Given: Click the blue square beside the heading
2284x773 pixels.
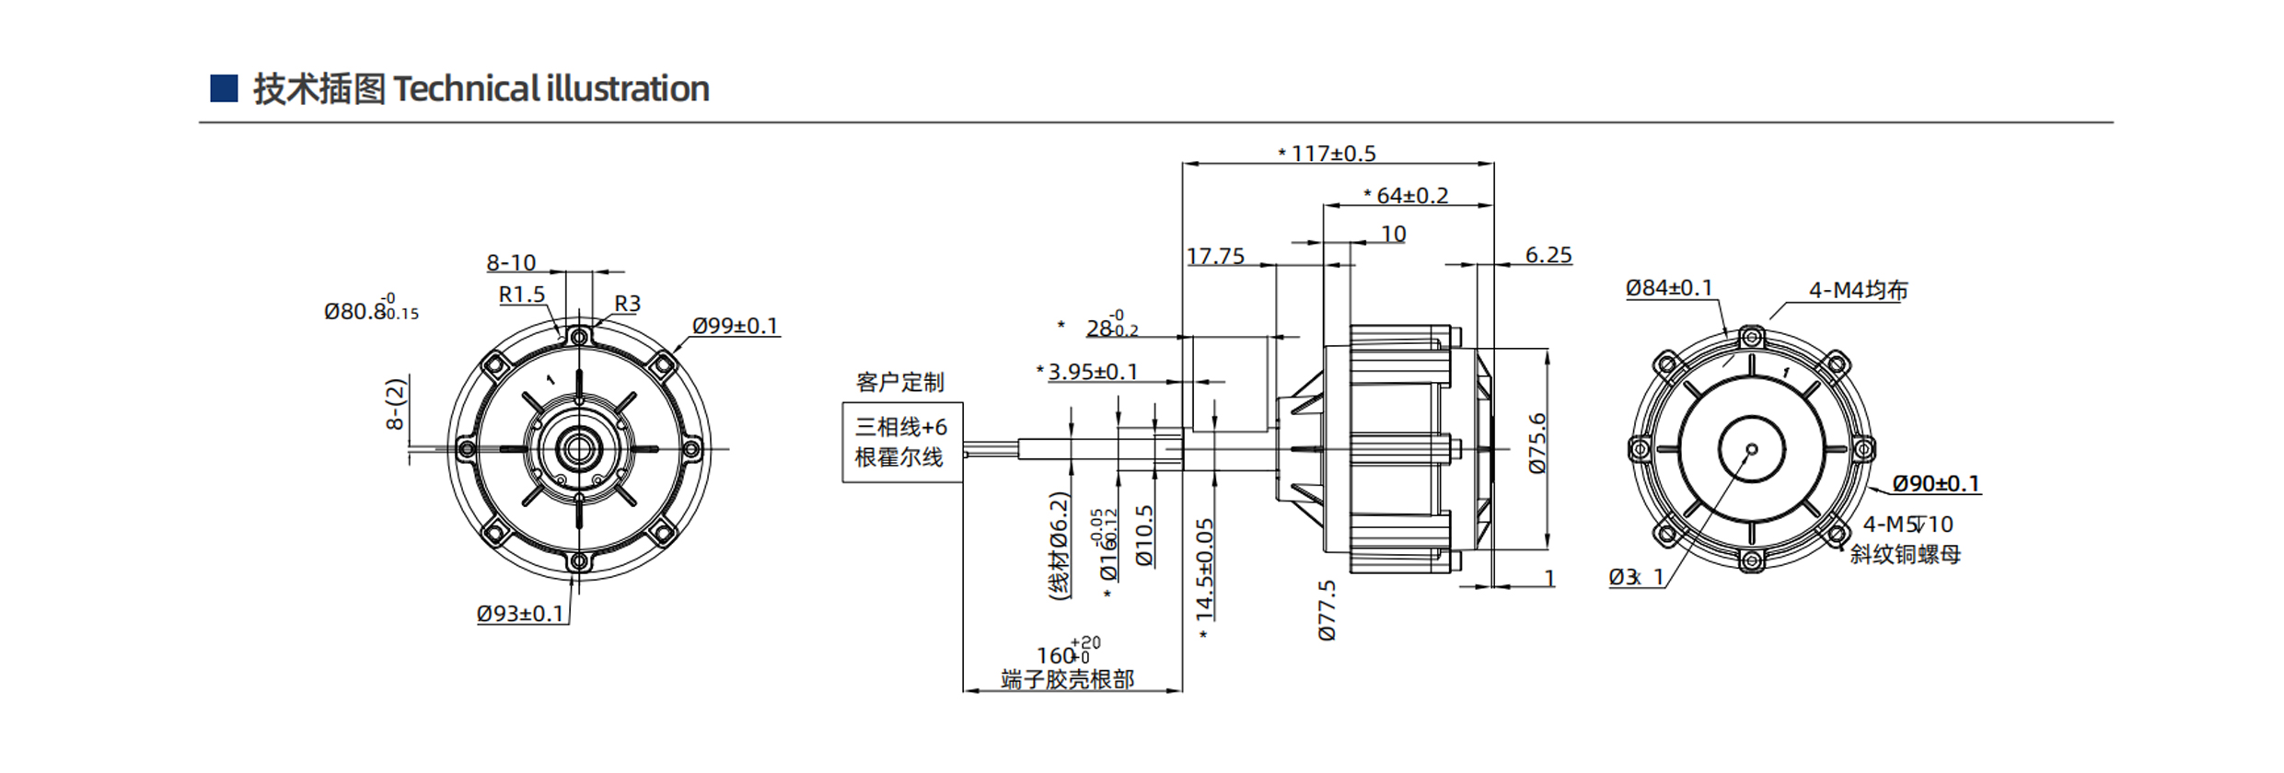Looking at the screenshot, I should (x=224, y=88).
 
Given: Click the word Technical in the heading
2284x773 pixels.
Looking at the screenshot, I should (x=466, y=89).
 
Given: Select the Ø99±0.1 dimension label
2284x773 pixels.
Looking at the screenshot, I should (x=735, y=326).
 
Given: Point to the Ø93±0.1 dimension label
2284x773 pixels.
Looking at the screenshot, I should (x=520, y=613).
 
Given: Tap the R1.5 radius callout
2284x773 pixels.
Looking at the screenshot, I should (x=522, y=294).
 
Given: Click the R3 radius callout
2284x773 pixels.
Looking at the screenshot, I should (x=627, y=303).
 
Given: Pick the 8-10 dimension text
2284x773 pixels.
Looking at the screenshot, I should (x=511, y=262).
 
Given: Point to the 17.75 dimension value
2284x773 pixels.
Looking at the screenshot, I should (x=1215, y=256).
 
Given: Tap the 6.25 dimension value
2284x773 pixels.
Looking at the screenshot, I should (x=1548, y=255).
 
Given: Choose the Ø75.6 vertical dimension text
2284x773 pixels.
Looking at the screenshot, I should (x=1537, y=444).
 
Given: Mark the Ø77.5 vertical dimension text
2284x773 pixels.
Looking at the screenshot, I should (x=1327, y=610).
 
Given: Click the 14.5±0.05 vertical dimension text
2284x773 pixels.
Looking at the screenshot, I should (x=1205, y=568).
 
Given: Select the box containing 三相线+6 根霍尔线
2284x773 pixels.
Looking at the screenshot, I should (x=902, y=442).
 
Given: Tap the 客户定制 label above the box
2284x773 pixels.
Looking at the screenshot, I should (x=899, y=382).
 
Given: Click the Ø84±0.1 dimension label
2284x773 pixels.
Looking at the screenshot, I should (x=1669, y=288).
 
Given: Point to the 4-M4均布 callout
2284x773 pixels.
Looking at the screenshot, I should (x=1858, y=291).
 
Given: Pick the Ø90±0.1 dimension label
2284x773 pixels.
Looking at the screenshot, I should (x=1935, y=484).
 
